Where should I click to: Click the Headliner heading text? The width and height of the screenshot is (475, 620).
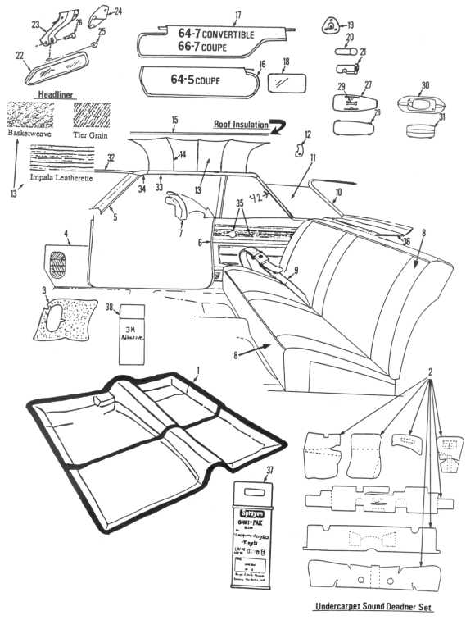tap(56, 95)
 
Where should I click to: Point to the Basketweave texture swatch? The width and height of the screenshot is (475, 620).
tap(31, 113)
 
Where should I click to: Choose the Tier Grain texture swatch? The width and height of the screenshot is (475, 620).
tap(92, 115)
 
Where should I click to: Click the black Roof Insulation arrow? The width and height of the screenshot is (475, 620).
tap(279, 125)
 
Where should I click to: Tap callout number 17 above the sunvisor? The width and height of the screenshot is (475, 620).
tap(238, 15)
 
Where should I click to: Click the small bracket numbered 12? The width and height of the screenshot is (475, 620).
tap(301, 151)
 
